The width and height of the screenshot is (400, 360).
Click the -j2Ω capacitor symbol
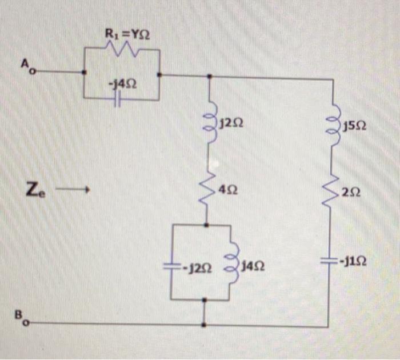pos(173,266)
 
